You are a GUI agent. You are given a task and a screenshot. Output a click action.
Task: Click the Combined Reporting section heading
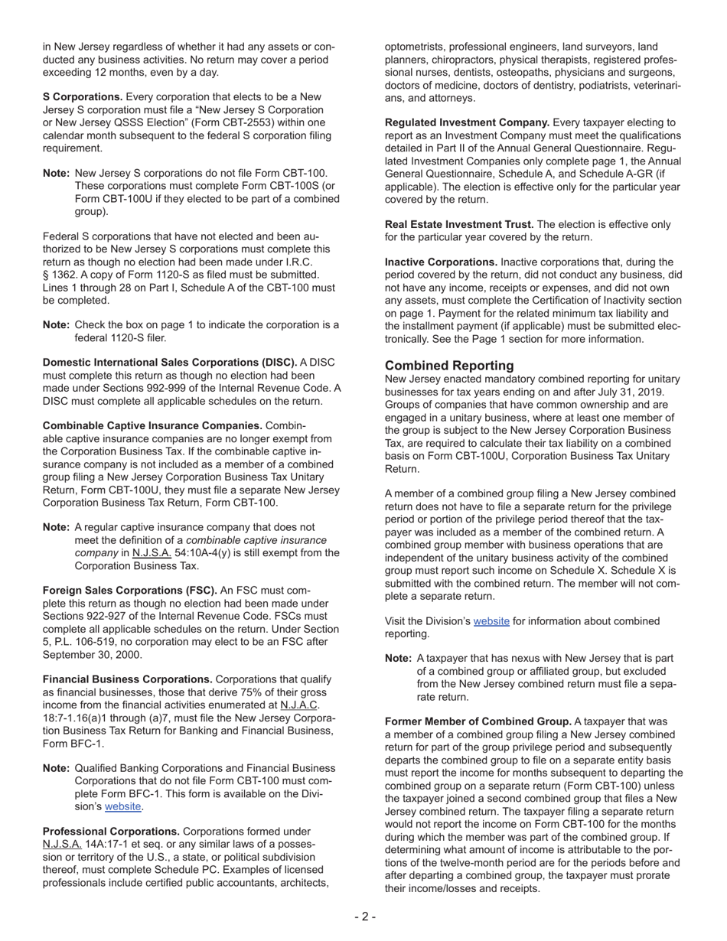[x=449, y=366]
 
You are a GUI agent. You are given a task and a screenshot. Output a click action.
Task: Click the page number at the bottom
[x=365, y=917]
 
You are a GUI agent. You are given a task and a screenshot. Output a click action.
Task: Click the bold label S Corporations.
[x=83, y=97]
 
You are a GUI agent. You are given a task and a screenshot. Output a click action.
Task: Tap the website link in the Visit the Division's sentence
[x=491, y=621]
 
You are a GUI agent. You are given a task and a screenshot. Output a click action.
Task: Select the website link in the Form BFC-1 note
[x=122, y=806]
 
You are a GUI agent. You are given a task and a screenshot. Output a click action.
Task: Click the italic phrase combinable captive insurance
[x=256, y=540]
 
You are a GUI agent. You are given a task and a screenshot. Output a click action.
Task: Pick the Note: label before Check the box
[x=56, y=325]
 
